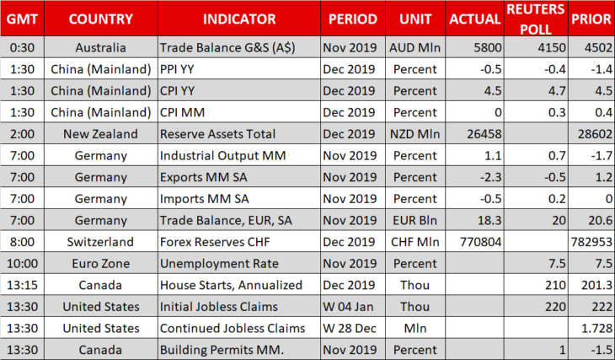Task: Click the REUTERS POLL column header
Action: point(536,19)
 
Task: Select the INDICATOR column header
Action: point(239,19)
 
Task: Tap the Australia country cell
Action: point(101,47)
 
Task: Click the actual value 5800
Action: point(488,47)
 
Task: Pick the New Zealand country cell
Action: point(101,134)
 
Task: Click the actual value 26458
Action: point(484,134)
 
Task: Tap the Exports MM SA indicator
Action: point(204,177)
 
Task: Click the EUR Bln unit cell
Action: point(415,220)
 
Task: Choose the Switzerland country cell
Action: point(100,242)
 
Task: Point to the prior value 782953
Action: point(591,242)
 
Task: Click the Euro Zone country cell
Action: point(101,263)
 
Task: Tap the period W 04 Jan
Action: point(348,307)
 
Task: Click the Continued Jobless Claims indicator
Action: point(233,328)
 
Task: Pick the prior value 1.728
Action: point(597,328)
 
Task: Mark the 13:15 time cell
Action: point(23,285)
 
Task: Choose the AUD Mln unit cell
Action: point(415,47)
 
